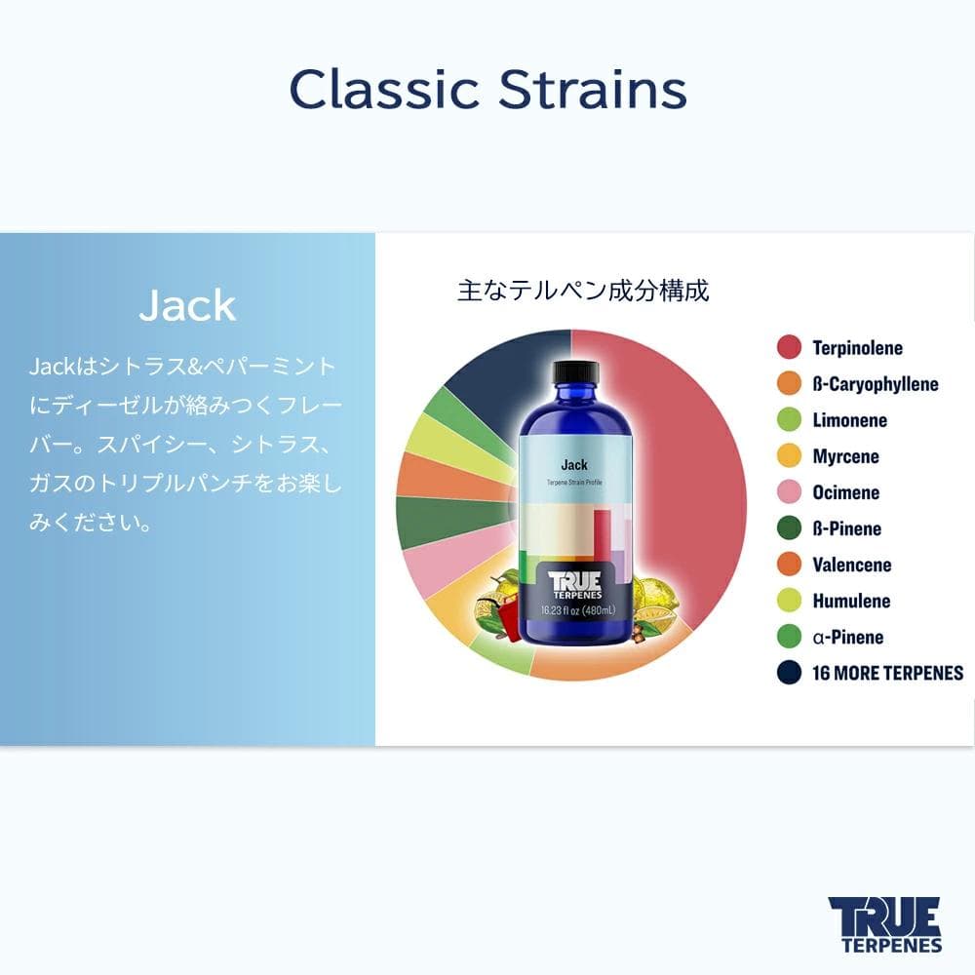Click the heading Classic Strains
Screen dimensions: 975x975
tap(487, 91)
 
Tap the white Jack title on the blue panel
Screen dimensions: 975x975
tap(187, 305)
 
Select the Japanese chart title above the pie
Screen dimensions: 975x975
tap(583, 291)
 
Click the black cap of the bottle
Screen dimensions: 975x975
tap(575, 371)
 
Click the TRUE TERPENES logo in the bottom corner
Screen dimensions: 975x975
tap(884, 923)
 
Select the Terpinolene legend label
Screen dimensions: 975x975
tap(858, 347)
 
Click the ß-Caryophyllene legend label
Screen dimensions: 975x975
tap(876, 383)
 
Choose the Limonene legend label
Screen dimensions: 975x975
tap(850, 420)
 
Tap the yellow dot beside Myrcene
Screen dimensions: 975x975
tap(790, 456)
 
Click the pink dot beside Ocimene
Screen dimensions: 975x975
tap(790, 492)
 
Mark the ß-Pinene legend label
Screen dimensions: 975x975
tap(846, 528)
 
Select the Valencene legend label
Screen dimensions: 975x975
tap(852, 565)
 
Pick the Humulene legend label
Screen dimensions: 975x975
tap(851, 601)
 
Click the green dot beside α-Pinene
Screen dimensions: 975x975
tap(790, 637)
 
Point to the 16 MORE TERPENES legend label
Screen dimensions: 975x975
tap(887, 673)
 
